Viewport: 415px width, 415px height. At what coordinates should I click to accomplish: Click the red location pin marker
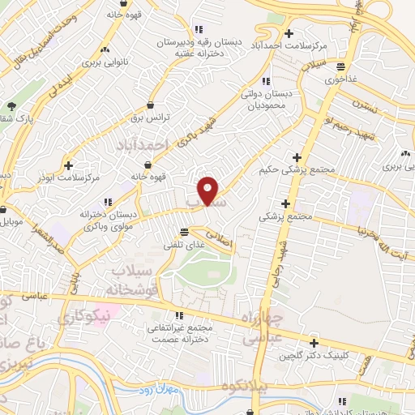tap(209, 190)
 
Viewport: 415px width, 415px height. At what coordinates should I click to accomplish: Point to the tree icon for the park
tap(11, 106)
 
